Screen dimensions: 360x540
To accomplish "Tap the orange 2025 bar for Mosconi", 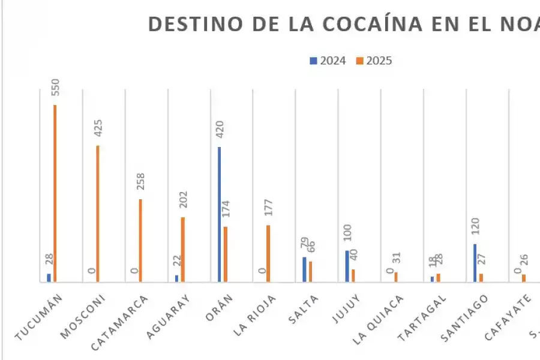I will [x=97, y=214].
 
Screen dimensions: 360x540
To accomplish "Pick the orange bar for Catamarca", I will [x=140, y=240].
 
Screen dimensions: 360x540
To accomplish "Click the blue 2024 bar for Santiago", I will [x=475, y=263].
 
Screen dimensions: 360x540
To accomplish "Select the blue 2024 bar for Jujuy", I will [x=347, y=266].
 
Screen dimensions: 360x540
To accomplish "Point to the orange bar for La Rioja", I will [x=268, y=253].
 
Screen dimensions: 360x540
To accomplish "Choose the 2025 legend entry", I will [x=374, y=61].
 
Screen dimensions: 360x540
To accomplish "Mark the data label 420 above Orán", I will [x=220, y=130].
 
